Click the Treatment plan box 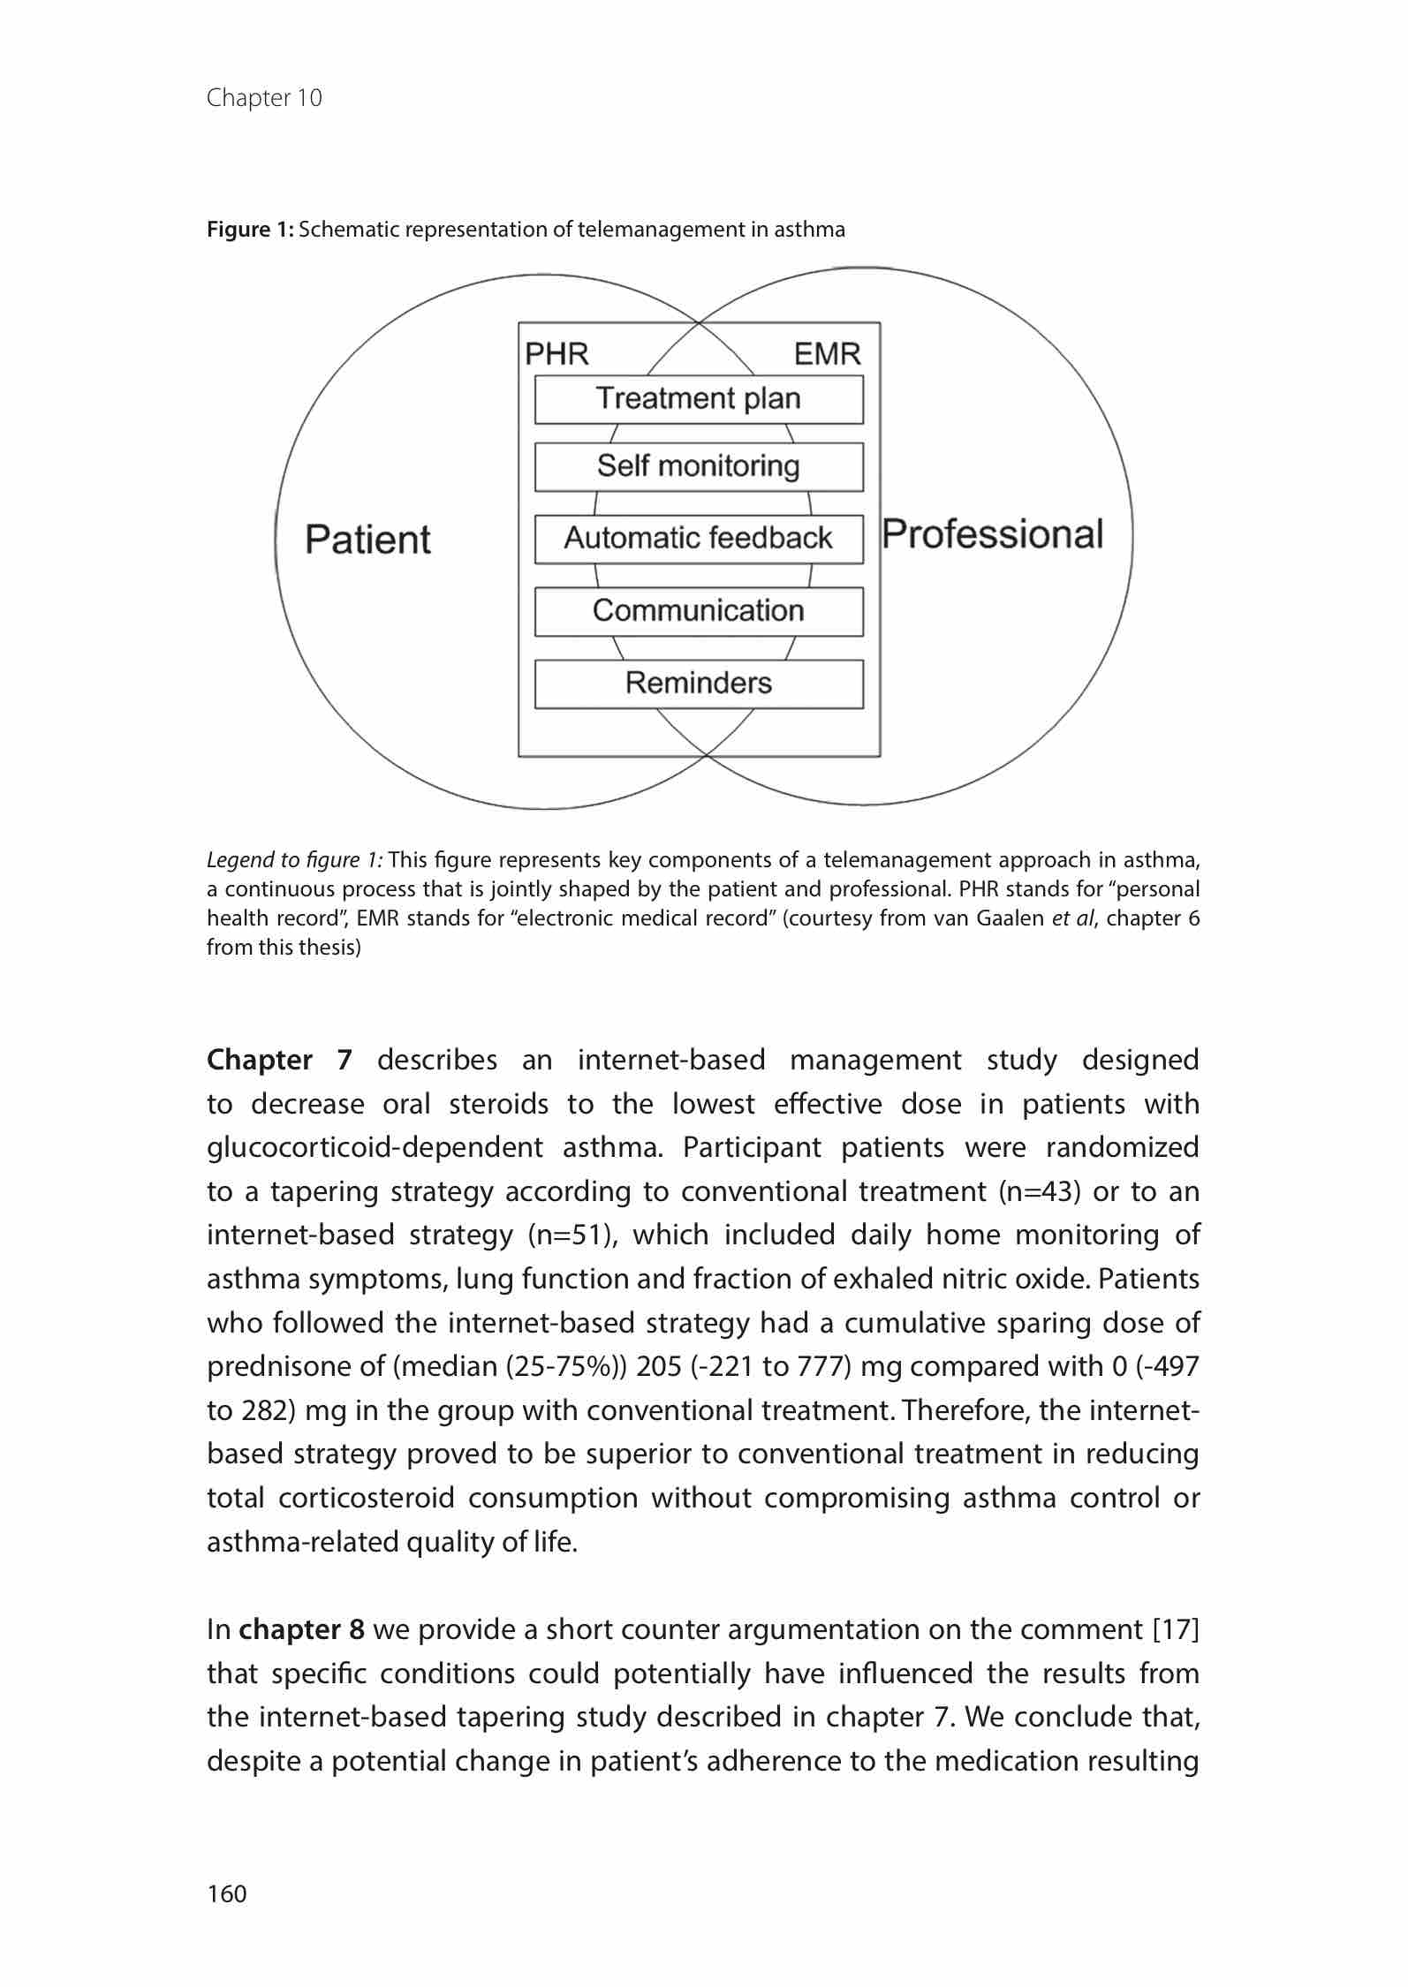698,399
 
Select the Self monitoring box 698,466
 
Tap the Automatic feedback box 698,539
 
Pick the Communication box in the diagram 698,611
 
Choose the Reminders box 698,684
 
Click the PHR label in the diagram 556,354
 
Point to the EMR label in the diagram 827,354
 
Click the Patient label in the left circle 367,539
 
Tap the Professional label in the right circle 993,534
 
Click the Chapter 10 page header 264,97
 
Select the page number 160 227,1893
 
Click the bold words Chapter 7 279,1060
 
